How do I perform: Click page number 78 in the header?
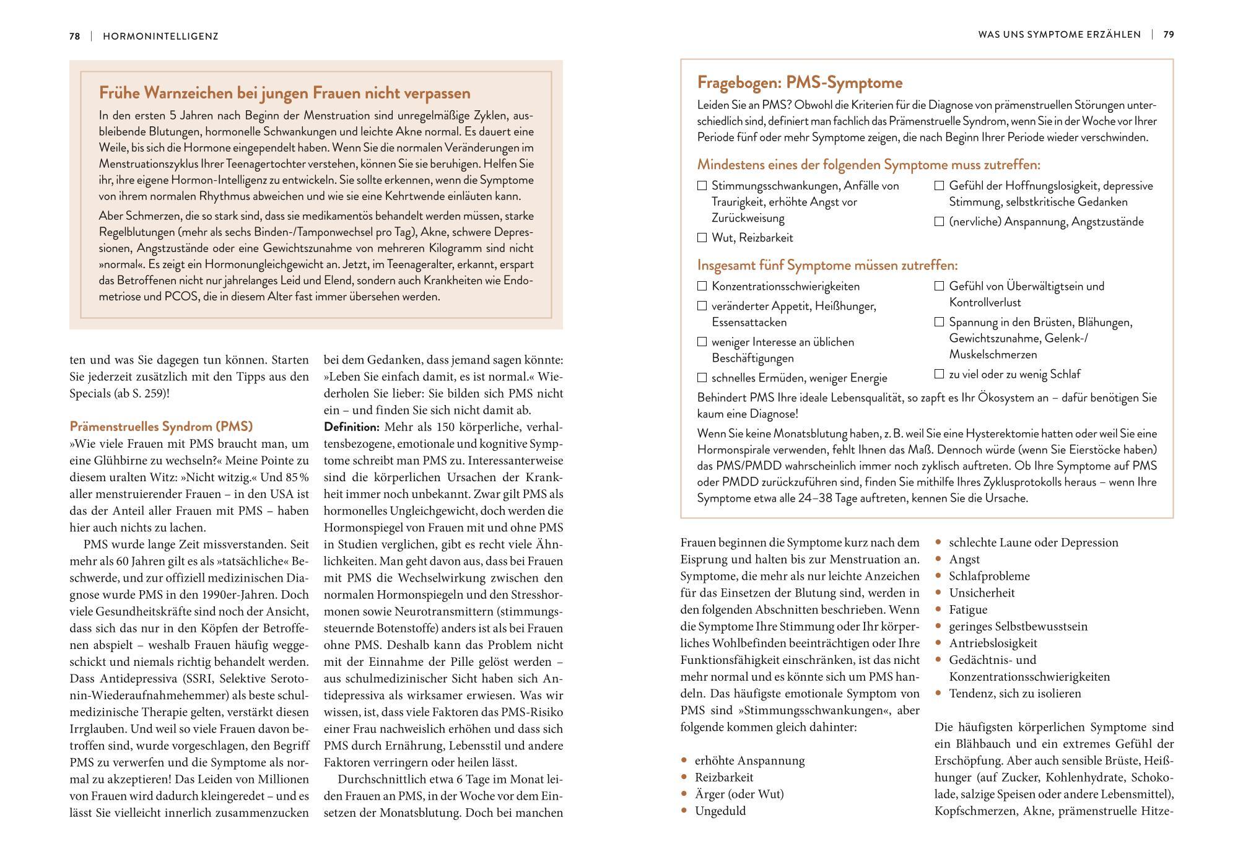point(74,36)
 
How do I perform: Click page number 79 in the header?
point(1168,35)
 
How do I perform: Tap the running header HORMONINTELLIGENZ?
point(160,36)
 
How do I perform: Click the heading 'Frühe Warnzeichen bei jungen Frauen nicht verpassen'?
point(285,93)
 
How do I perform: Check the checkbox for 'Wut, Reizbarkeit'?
point(702,237)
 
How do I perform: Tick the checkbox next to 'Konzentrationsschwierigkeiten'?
point(702,286)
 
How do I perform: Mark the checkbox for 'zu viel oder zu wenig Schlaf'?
point(939,374)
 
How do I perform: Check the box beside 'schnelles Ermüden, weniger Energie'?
point(702,378)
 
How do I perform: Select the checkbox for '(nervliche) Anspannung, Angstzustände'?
point(939,222)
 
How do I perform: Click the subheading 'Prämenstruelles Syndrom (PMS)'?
point(161,427)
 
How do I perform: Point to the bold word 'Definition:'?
point(351,427)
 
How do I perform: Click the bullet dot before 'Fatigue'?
point(938,609)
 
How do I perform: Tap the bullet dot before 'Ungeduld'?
point(684,811)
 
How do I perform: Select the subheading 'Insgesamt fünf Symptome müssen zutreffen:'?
point(827,265)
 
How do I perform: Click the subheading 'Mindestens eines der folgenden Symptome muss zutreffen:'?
point(868,165)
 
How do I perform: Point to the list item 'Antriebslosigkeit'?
point(993,643)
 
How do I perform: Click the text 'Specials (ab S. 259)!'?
point(119,393)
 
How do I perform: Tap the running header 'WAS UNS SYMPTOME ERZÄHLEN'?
point(1059,35)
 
